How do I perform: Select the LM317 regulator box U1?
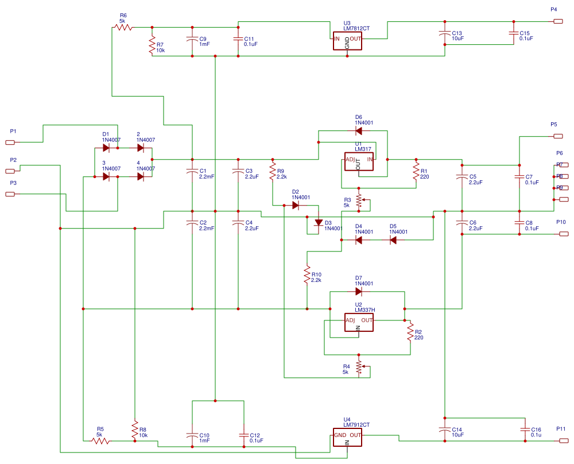click(359, 162)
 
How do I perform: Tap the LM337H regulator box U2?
click(359, 323)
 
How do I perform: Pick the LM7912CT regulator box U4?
click(347, 438)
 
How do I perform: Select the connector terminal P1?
click(10, 142)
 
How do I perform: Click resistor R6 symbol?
click(124, 27)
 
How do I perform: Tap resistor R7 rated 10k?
click(152, 45)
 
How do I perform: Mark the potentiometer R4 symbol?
click(359, 366)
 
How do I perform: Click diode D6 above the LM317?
click(359, 130)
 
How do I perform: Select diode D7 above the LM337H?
click(359, 291)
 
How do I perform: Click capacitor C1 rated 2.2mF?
click(192, 171)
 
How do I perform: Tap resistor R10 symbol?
click(307, 274)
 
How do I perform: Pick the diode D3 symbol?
click(319, 222)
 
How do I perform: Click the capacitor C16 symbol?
click(525, 430)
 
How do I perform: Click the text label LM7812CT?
click(356, 28)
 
